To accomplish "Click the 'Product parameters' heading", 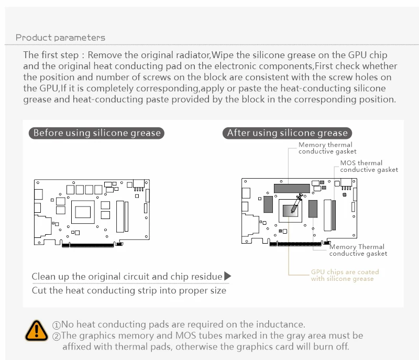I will pos(60,38).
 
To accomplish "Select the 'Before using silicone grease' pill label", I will pos(97,133).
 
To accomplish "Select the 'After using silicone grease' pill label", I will pos(287,133).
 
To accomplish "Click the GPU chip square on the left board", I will pos(84,212).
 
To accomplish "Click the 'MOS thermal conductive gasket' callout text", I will pos(369,166).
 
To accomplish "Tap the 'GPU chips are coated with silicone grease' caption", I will pos(345,276).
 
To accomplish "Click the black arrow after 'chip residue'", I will pos(227,276).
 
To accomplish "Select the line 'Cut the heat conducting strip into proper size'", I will pos(129,290).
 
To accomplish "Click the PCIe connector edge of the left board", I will pos(89,244).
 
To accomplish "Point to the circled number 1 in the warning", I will pos(57,325).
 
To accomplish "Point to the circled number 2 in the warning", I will pos(57,336).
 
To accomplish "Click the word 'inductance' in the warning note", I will pos(280,325).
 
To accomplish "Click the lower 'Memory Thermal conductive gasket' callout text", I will pos(358,250).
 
